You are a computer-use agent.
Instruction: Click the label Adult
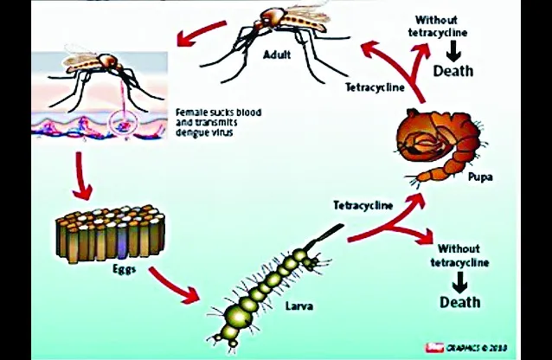(277, 55)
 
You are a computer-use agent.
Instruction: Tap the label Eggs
(125, 269)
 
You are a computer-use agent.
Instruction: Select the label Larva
(299, 305)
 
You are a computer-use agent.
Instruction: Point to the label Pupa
(480, 177)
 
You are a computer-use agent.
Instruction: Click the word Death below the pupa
(460, 302)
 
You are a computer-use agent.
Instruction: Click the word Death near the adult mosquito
(453, 71)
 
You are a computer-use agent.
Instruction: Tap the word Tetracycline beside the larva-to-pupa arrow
(363, 205)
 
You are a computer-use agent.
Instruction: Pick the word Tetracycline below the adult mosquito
(375, 87)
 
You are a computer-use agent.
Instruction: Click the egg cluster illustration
(111, 233)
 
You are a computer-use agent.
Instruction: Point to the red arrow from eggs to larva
(173, 286)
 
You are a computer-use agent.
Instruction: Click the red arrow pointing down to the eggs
(81, 176)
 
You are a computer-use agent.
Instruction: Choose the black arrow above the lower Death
(459, 282)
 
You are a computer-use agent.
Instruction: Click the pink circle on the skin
(122, 123)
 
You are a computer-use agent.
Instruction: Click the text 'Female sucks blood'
(219, 112)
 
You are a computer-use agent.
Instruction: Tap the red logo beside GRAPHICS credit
(433, 348)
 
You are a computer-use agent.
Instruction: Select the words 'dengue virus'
(204, 132)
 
